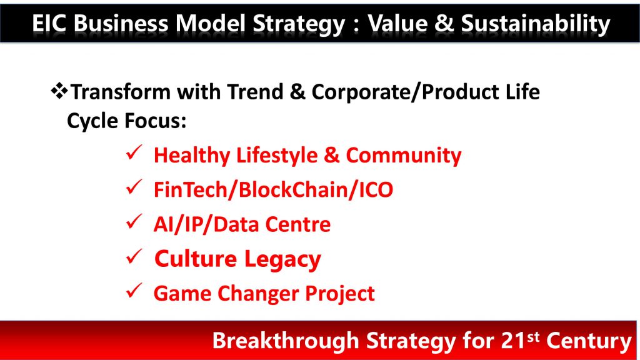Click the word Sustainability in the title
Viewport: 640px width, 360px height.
click(536, 24)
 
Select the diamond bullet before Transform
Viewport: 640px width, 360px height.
click(59, 91)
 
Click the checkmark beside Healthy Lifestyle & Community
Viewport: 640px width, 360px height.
click(134, 152)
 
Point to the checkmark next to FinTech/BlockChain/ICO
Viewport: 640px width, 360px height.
click(134, 187)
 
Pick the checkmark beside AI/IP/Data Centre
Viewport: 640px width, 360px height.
click(134, 222)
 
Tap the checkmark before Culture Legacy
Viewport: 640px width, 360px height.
click(134, 256)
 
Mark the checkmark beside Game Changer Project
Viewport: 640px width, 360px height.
click(134, 291)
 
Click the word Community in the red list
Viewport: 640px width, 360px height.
click(404, 156)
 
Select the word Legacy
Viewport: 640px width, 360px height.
click(283, 260)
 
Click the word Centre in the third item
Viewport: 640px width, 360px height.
click(298, 224)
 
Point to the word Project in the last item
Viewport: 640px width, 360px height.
click(340, 294)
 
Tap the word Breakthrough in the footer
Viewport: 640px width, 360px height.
click(285, 340)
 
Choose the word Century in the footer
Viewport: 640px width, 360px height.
click(589, 341)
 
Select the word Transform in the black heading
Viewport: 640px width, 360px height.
click(121, 91)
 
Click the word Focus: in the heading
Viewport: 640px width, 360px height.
click(155, 121)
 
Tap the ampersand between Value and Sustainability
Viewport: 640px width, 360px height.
click(444, 23)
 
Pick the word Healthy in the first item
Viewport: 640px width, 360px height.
click(192, 156)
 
